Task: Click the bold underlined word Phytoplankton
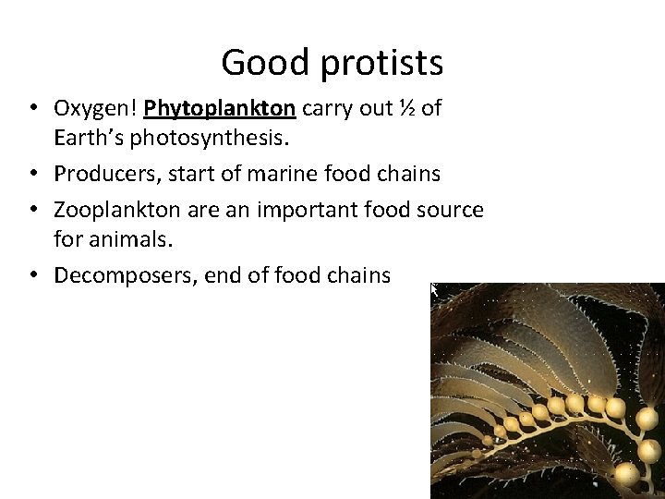(x=220, y=109)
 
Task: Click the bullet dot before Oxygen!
(x=32, y=109)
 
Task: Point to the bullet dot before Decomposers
(x=32, y=274)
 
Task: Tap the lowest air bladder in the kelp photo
(x=626, y=472)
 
